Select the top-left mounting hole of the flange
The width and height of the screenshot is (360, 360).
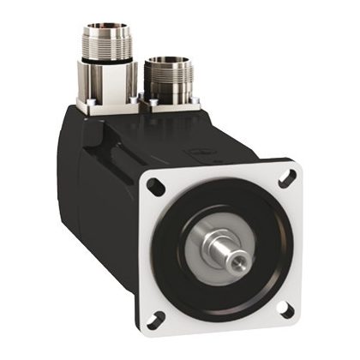pos(155,184)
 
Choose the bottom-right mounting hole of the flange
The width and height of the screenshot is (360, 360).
pos(287,311)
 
